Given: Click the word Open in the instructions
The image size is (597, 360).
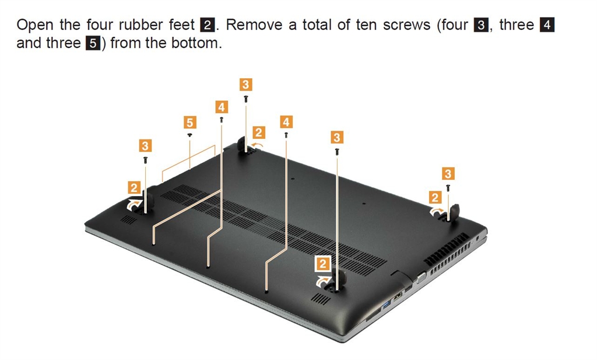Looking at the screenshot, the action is [35, 26].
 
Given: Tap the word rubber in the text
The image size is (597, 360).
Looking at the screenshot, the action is [141, 25].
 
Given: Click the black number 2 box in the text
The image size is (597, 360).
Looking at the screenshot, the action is [208, 25].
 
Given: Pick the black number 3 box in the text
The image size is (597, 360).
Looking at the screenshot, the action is [481, 25].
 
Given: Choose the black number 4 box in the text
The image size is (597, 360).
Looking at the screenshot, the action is [547, 25].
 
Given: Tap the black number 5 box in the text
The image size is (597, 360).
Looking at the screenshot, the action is [93, 43].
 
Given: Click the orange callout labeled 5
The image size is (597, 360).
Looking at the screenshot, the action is [189, 123].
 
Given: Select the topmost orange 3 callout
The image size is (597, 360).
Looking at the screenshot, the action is [245, 84].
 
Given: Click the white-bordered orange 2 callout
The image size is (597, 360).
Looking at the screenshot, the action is [323, 264].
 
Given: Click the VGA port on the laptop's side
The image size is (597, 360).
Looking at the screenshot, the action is [422, 278].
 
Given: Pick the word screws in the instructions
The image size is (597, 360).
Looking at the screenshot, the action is [406, 25].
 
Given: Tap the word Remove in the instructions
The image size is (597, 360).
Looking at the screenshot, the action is [254, 25].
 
